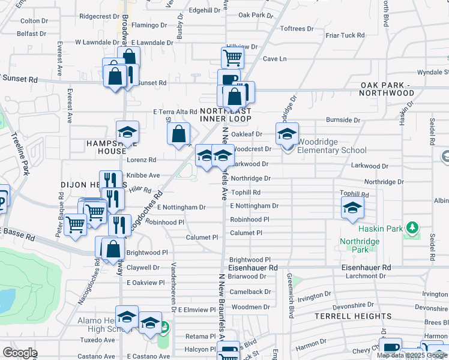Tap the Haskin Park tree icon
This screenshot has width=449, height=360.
pyautogui.click(x=412, y=228)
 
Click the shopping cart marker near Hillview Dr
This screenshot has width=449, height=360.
pyautogui.click(x=232, y=58)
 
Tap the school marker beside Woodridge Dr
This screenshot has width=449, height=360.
pyautogui.click(x=288, y=134)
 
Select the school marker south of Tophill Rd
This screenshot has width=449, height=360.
pyautogui.click(x=352, y=208)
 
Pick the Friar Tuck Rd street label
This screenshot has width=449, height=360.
pyautogui.click(x=345, y=35)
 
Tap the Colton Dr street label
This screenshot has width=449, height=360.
pyautogui.click(x=30, y=20)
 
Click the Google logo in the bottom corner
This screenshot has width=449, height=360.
pyautogui.click(x=20, y=353)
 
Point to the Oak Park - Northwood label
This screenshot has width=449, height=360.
pyautogui.click(x=387, y=89)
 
